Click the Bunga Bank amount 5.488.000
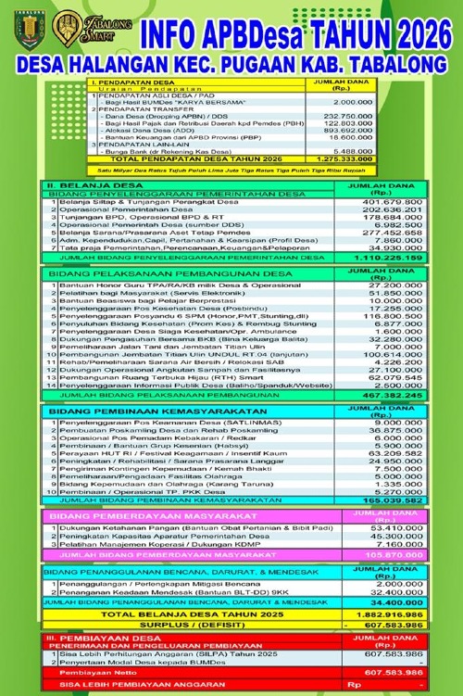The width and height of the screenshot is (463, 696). pyautogui.click(x=352, y=151)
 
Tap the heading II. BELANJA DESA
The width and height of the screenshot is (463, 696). pyautogui.click(x=88, y=186)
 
